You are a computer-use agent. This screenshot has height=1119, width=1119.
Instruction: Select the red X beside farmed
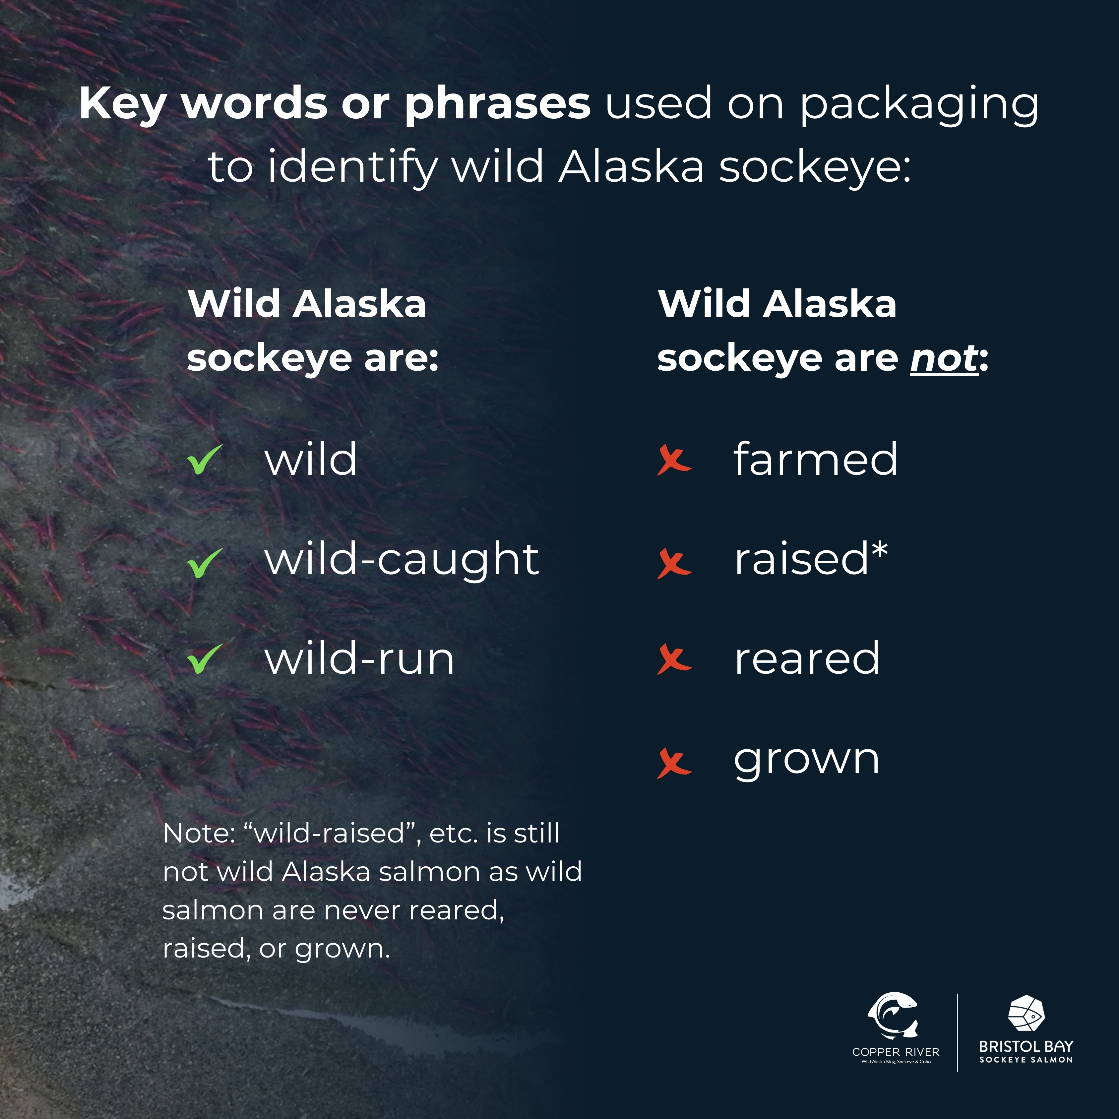pos(674,461)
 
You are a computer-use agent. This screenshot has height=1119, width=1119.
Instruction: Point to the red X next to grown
pos(674,763)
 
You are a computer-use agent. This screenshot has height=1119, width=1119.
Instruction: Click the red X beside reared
pos(674,660)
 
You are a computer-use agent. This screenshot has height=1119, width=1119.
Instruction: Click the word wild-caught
pos(402,561)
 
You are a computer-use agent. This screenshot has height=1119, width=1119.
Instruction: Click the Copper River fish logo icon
pos(893,1015)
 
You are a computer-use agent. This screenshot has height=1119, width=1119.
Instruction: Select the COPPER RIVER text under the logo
pos(896,1052)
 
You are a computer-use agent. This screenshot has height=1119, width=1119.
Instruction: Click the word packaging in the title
pos(920,105)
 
